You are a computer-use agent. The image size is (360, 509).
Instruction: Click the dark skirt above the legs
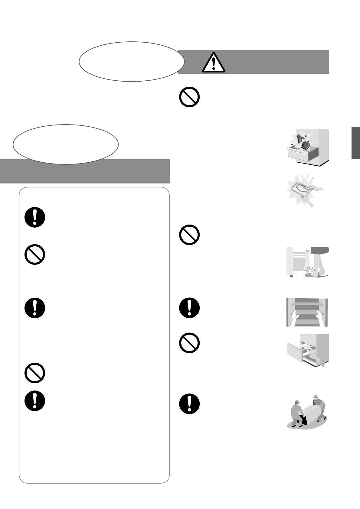(x=320, y=251)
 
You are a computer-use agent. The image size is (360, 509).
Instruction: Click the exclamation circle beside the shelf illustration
(x=189, y=308)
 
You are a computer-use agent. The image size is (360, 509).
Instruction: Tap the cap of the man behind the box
(x=316, y=396)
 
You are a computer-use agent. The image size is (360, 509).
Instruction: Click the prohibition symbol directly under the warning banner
(x=189, y=97)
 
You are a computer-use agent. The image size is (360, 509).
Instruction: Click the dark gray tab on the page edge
(x=355, y=143)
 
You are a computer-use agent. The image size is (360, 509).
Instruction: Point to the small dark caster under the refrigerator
(x=291, y=276)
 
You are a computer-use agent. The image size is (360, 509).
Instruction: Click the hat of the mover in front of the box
(x=297, y=402)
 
